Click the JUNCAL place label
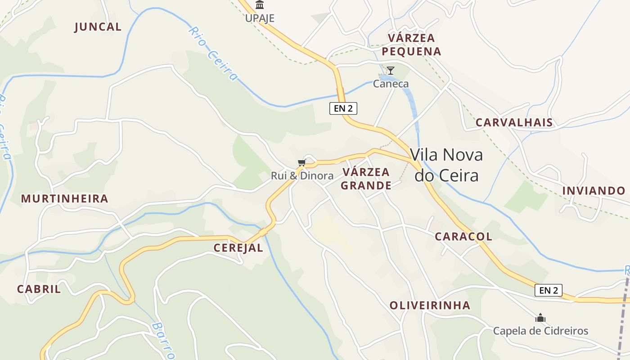[98, 27]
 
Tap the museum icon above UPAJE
[260, 5]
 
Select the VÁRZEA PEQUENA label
[411, 45]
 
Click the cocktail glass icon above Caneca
[391, 71]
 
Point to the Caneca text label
[391, 84]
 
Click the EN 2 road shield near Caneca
[343, 108]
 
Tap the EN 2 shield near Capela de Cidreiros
[548, 290]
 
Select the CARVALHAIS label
[514, 122]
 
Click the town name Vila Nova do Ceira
[446, 165]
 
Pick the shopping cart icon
[301, 162]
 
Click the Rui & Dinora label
[302, 175]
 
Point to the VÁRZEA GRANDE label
[366, 179]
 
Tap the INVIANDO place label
[594, 190]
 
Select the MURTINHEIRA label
[65, 198]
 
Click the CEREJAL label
[238, 247]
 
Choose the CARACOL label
[463, 236]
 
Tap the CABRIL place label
[39, 289]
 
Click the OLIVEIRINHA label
[430, 305]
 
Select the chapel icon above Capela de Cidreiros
[540, 318]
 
